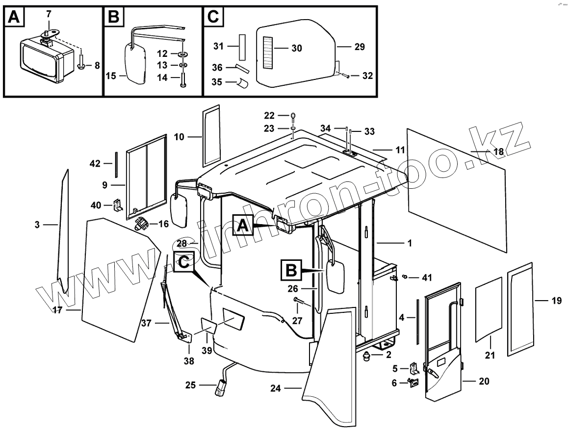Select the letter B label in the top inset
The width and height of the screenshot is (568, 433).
tap(113, 18)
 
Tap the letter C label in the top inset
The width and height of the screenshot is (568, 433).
tap(213, 18)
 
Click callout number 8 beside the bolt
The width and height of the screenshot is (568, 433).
tap(97, 65)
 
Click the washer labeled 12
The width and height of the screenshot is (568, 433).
tap(182, 53)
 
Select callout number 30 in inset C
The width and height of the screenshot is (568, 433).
tap(296, 48)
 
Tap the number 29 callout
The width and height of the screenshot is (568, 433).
tap(360, 47)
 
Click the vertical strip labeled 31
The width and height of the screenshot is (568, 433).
tap(242, 46)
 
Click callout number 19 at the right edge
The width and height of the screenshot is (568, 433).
tap(556, 301)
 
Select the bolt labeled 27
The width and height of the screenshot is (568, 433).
tap(297, 300)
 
